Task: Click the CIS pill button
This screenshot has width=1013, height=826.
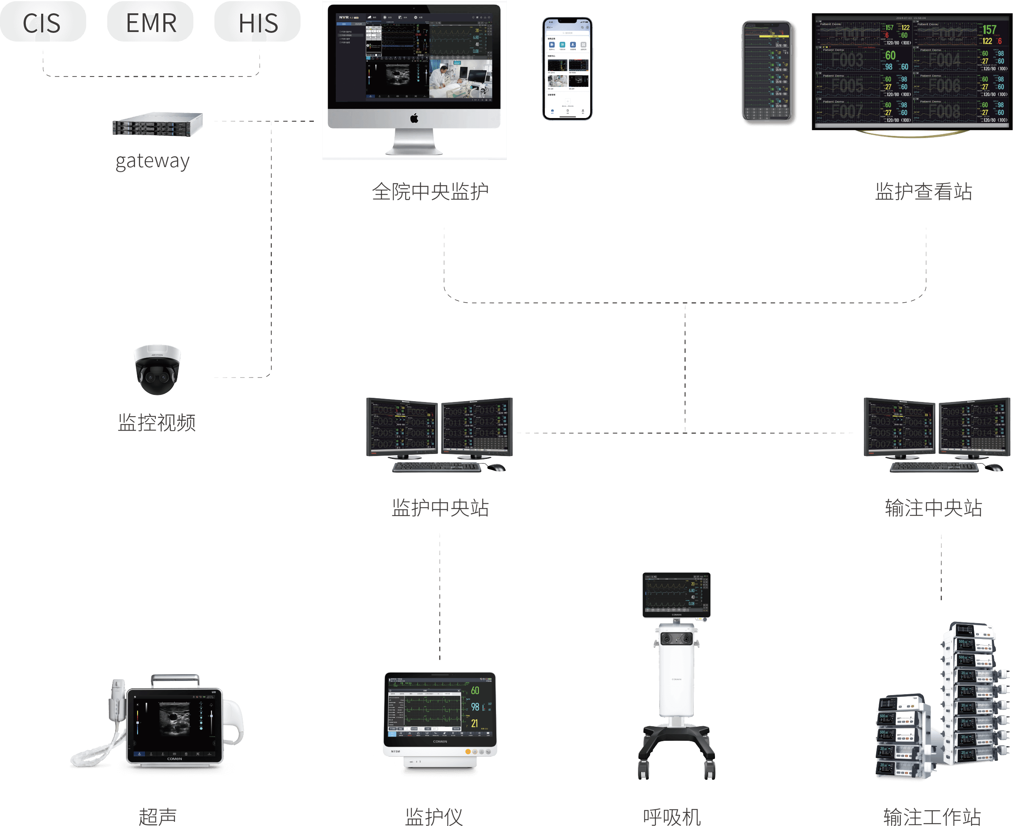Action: tap(43, 22)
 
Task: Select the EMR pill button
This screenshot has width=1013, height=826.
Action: tap(150, 22)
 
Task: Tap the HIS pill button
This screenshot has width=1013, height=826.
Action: tap(257, 22)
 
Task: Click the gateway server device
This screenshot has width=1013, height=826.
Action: tap(158, 125)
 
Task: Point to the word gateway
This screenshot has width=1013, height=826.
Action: tap(152, 161)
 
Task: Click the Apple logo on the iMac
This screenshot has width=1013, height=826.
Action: tap(414, 118)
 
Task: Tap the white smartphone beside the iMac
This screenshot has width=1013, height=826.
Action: tap(567, 69)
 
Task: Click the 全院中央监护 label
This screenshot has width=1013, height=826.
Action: tap(430, 192)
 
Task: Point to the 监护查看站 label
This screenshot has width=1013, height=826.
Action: tap(923, 192)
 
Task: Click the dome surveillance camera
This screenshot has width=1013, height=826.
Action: tap(157, 369)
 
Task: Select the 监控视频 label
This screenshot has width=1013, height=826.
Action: tap(157, 422)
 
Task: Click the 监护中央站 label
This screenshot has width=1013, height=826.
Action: tap(440, 508)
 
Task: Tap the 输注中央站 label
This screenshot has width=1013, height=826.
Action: tap(933, 508)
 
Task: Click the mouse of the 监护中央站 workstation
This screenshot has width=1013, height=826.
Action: tap(496, 468)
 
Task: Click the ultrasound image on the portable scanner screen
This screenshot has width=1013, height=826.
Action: tap(174, 718)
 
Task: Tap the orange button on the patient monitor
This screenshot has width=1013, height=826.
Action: tap(468, 752)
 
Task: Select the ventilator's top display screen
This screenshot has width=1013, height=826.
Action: tap(675, 593)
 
